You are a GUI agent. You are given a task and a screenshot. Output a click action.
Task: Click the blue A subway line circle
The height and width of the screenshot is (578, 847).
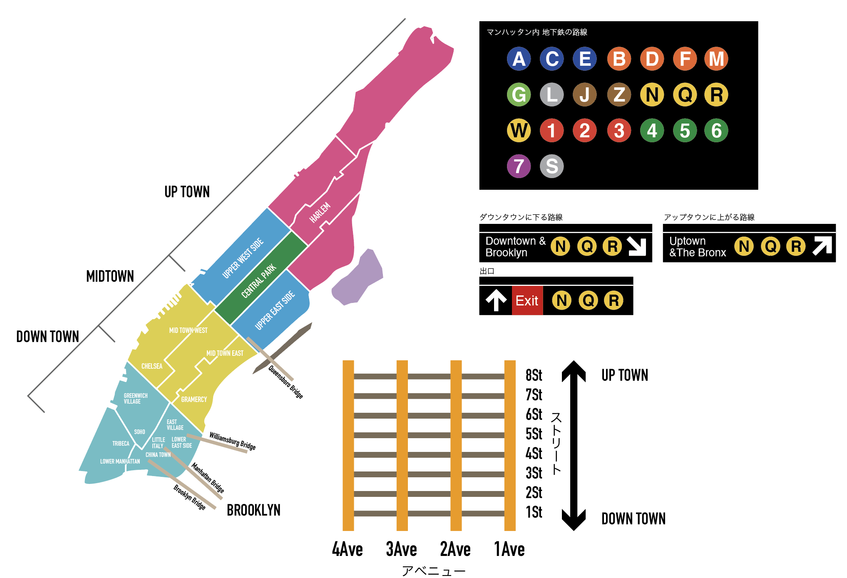[x=519, y=59]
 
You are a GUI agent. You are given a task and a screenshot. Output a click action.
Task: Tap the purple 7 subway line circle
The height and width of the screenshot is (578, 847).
[x=519, y=166]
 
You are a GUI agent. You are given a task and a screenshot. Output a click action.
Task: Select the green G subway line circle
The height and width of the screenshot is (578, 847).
[x=519, y=94]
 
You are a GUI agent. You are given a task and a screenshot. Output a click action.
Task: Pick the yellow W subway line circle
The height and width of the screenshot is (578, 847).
[x=519, y=130]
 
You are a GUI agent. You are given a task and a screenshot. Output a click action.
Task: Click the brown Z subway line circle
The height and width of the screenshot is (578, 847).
[x=619, y=94]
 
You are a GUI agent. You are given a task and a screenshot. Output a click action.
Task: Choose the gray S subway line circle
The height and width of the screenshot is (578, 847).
[x=551, y=166]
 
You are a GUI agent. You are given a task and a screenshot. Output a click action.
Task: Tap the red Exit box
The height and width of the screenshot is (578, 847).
[x=527, y=300]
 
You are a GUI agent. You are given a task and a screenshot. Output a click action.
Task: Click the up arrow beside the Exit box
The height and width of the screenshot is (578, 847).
[x=496, y=300]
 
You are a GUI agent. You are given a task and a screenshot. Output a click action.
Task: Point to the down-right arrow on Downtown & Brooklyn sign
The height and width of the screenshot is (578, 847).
[x=636, y=246]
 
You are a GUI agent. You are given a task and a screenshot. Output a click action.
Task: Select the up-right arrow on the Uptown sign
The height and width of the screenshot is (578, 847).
[x=822, y=246]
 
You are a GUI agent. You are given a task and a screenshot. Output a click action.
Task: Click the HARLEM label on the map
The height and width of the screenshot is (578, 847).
[x=320, y=213]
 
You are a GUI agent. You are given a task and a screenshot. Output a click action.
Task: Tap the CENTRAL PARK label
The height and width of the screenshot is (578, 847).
[x=258, y=281]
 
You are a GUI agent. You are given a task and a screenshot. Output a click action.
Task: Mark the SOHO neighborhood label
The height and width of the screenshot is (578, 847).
[x=139, y=432]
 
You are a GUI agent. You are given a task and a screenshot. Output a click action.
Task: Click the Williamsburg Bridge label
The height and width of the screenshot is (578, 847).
[x=232, y=441]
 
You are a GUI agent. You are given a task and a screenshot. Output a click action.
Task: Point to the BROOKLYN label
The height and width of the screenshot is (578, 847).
[x=253, y=510]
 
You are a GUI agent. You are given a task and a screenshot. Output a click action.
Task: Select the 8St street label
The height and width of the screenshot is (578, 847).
[x=534, y=375]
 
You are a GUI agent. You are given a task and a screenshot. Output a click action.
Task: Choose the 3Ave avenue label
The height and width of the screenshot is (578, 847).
[x=401, y=549]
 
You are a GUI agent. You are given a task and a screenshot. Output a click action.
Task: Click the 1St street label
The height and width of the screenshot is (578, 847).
[x=534, y=512]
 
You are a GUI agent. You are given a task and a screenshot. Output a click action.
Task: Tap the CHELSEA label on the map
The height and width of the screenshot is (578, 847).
[x=152, y=366]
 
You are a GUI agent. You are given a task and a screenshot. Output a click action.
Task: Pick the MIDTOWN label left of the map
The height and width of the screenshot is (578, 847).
[x=110, y=276]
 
